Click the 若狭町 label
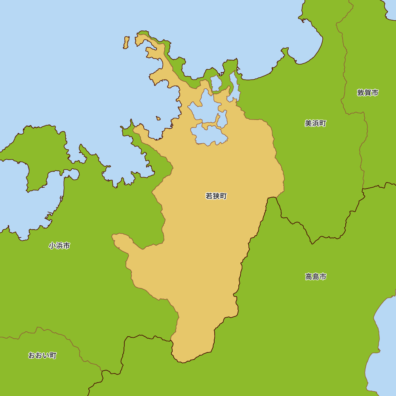click(216, 196)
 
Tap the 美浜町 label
click(315, 124)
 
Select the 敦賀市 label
click(367, 93)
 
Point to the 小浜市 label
click(59, 246)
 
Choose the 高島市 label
click(316, 277)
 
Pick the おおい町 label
click(42, 355)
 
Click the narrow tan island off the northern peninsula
click(126, 42)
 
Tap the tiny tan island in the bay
click(158, 118)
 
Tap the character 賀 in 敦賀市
click(367, 93)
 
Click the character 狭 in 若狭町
click(216, 196)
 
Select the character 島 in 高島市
click(316, 277)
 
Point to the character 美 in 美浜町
click(308, 124)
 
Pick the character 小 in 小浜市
click(52, 246)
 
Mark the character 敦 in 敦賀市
click(360, 93)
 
